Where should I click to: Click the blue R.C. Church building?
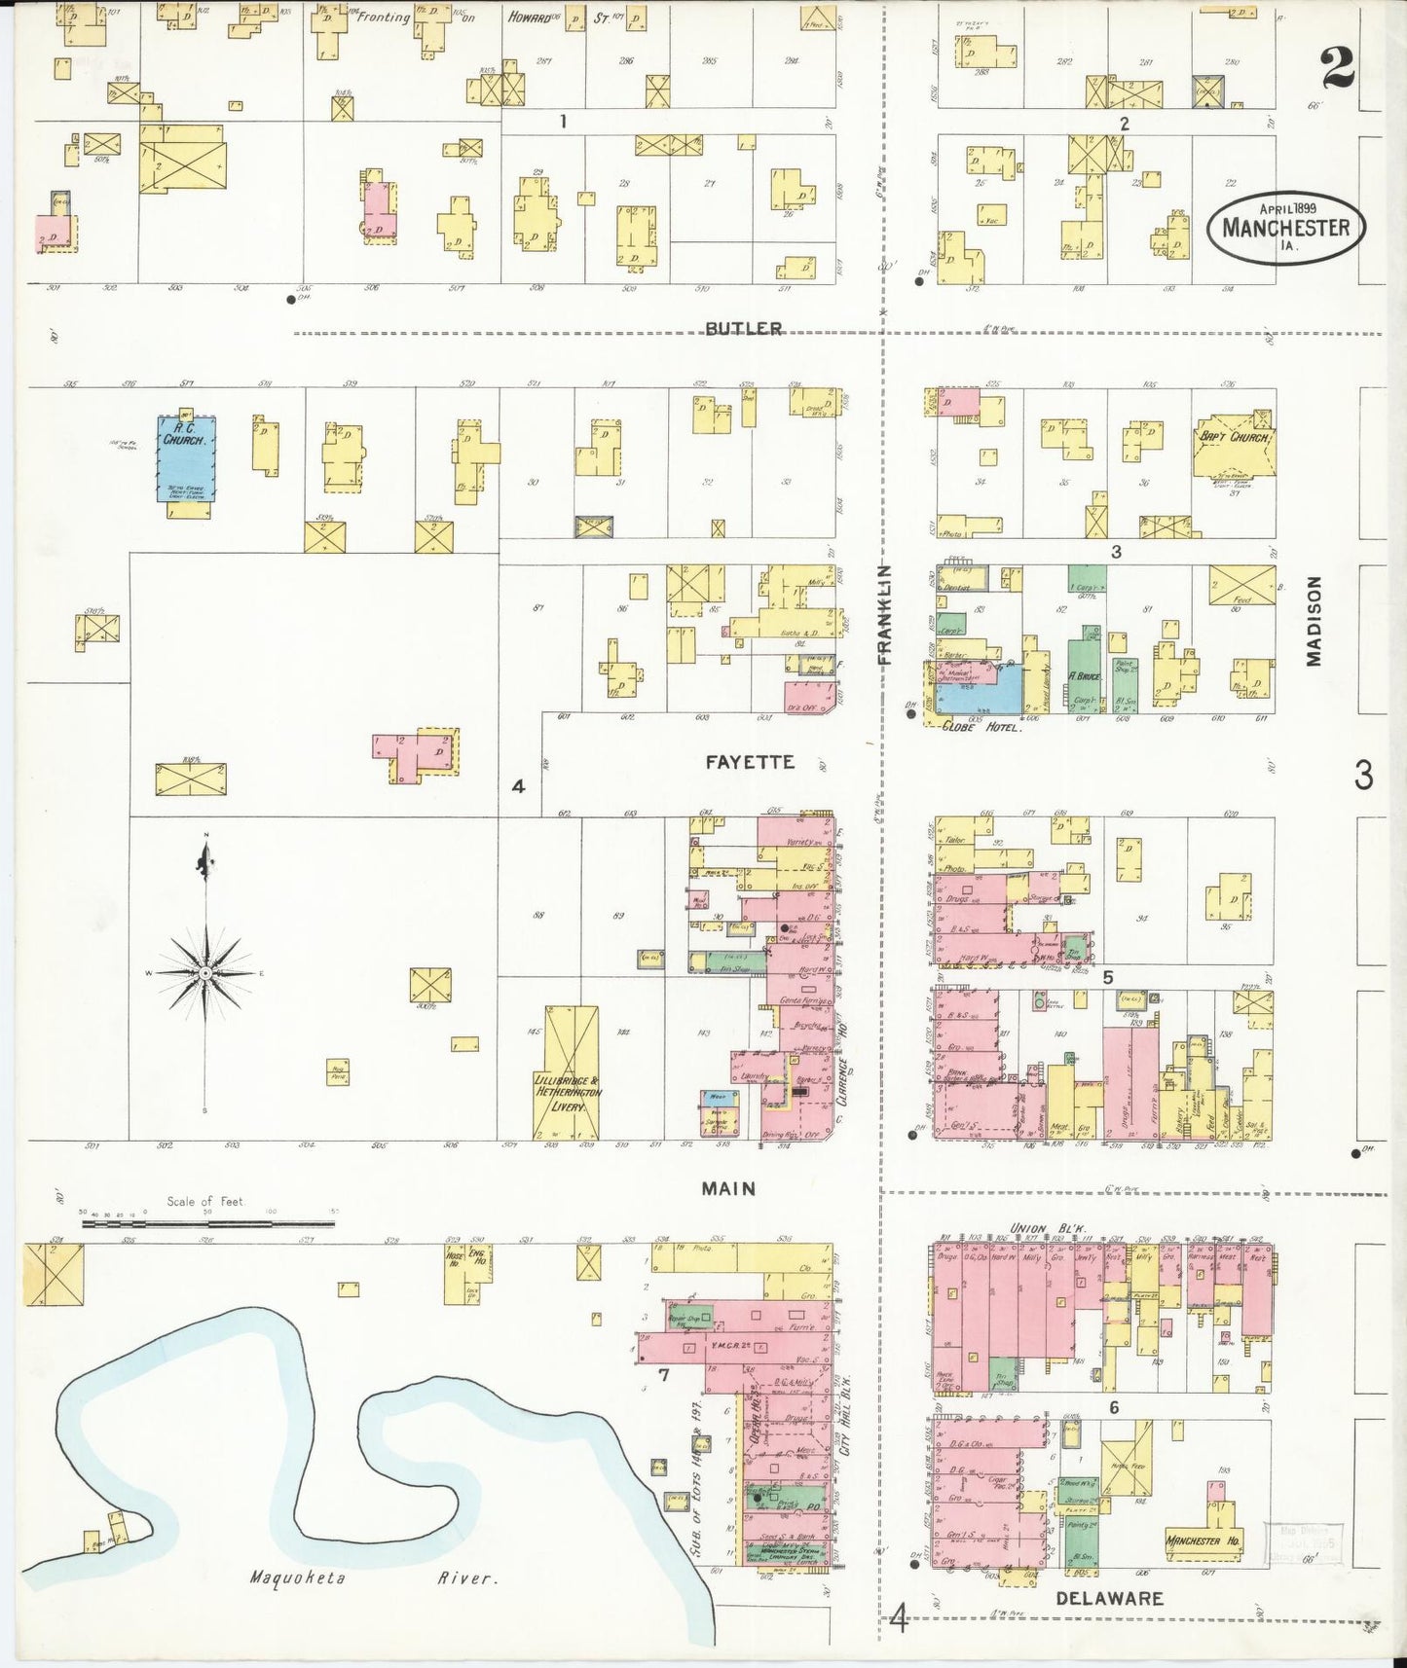[186, 457]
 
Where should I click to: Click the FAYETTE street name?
[750, 762]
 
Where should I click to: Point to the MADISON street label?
[1314, 621]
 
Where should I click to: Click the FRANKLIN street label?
[884, 614]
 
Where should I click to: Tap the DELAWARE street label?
[1110, 1598]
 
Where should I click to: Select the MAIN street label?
[729, 1188]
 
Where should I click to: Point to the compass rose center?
[205, 972]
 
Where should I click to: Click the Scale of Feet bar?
[207, 1222]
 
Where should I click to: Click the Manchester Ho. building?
[1205, 1541]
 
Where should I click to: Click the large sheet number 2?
[1337, 68]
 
